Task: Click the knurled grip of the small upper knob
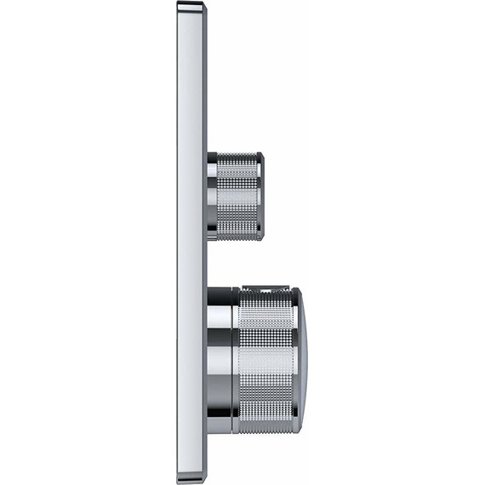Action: pyautogui.click(x=238, y=196)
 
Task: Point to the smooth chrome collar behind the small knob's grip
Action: pyautogui.click(x=212, y=196)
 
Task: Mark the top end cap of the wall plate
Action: pyautogui.click(x=192, y=8)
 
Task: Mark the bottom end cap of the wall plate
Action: pyautogui.click(x=191, y=477)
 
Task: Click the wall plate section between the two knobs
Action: pyautogui.click(x=191, y=264)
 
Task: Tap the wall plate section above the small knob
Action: pyautogui.click(x=191, y=85)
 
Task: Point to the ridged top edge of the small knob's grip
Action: pyautogui.click(x=238, y=155)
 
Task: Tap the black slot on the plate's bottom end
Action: pyautogui.click(x=191, y=482)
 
